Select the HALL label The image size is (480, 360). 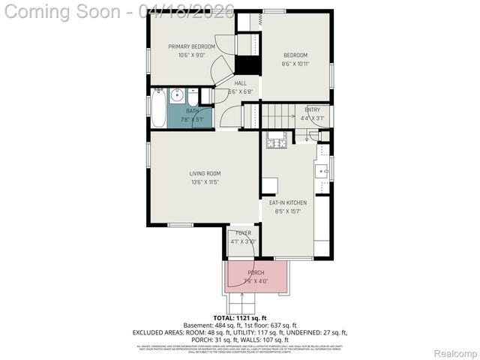tap(240, 83)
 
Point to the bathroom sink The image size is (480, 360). tap(176, 95)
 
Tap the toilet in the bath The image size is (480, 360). tap(193, 97)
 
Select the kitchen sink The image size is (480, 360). tap(322, 171)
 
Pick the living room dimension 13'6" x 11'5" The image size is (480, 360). tap(204, 182)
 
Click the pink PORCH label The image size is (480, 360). tap(256, 272)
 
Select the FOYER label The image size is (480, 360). tap(243, 233)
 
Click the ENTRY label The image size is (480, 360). tap(312, 109)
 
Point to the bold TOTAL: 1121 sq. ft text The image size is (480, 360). tap(239, 317)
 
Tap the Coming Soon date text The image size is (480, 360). tap(120, 10)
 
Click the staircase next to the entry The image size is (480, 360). tap(280, 117)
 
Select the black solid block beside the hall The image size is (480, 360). tap(247, 64)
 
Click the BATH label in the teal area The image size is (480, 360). tap(193, 110)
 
